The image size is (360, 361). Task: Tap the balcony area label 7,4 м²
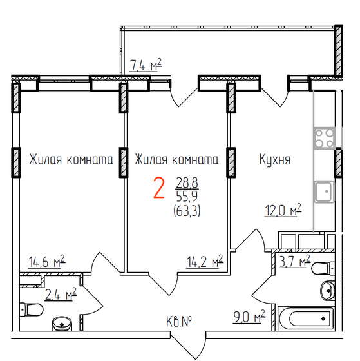pos(145,65)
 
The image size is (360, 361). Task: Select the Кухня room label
pos(275,159)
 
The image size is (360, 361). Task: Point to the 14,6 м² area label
pos(46,262)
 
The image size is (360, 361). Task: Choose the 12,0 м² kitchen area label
pos(283,210)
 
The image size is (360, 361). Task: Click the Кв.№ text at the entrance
pos(180,321)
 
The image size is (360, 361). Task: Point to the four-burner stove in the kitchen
pos(324,137)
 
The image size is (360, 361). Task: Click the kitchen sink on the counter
pos(323,191)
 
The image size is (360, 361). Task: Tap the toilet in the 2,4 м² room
pos(30,311)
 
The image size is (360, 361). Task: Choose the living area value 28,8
pos(187,184)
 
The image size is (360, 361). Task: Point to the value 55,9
pos(187,196)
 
